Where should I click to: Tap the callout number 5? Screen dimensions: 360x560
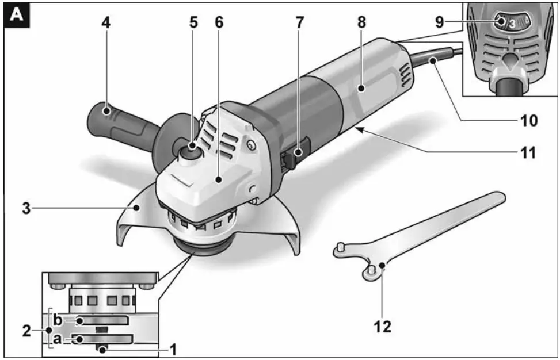point(194,22)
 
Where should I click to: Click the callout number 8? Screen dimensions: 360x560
point(361,22)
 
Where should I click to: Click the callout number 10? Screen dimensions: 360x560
point(528,121)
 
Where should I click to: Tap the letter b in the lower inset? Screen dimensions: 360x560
point(59,320)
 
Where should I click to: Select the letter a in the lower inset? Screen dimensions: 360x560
point(59,339)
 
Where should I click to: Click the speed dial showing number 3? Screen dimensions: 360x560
point(511,24)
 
